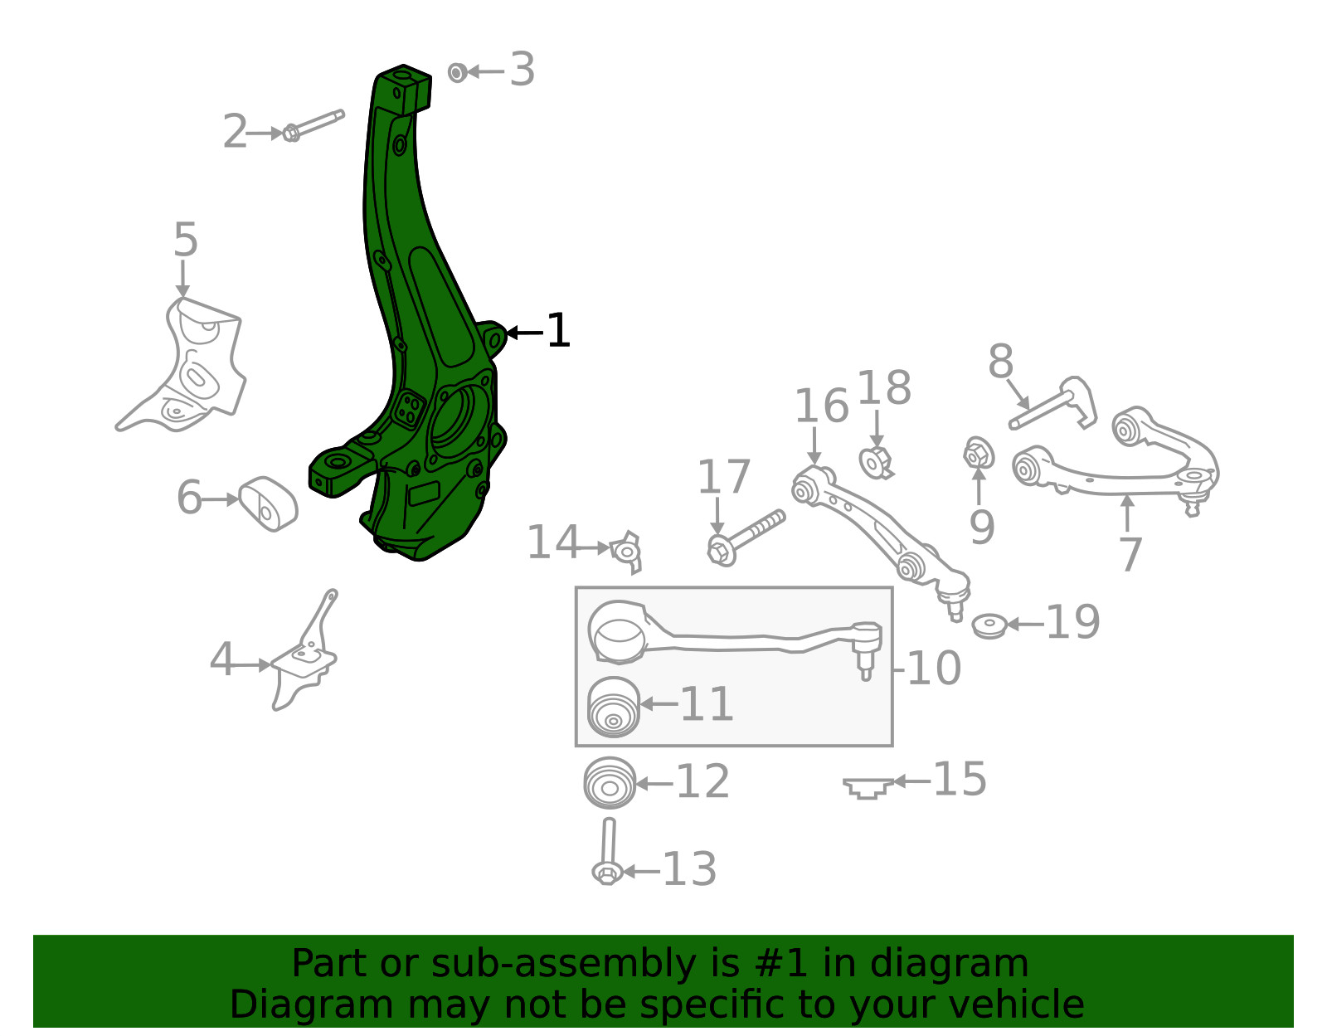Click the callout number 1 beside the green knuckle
(x=558, y=331)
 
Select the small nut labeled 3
(x=457, y=73)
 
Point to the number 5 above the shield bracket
(x=186, y=240)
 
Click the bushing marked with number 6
(x=268, y=503)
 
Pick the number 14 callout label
(x=552, y=542)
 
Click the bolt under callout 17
(x=746, y=538)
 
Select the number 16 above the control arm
(x=821, y=406)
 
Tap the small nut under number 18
(x=876, y=462)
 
